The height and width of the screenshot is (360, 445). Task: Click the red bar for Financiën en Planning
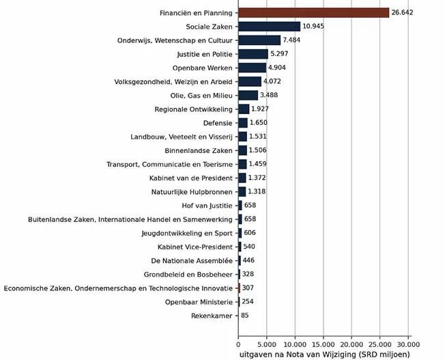click(x=313, y=13)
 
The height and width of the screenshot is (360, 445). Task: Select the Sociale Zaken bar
click(x=270, y=27)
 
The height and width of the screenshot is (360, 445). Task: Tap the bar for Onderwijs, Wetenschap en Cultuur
click(x=259, y=40)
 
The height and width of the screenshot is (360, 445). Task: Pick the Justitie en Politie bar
click(x=253, y=54)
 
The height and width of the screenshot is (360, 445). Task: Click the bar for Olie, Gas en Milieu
click(x=248, y=96)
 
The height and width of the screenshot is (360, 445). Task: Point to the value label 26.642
click(x=402, y=12)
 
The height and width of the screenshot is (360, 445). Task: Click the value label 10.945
click(x=313, y=27)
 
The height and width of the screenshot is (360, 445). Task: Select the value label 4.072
click(x=272, y=81)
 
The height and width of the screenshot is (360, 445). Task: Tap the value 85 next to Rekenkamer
click(x=244, y=316)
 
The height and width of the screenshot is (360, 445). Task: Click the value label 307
click(x=248, y=288)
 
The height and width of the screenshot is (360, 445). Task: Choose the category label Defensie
click(x=218, y=123)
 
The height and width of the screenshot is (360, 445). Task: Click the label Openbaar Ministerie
click(x=199, y=302)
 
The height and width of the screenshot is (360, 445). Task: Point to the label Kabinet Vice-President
click(x=195, y=247)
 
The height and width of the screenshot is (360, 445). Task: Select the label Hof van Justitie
click(x=207, y=206)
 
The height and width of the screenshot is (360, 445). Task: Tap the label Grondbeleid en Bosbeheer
click(x=188, y=275)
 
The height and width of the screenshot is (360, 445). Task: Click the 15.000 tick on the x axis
click(x=324, y=345)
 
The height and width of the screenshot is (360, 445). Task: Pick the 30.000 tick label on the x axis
click(x=408, y=345)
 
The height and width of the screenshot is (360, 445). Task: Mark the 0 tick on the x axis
click(x=238, y=345)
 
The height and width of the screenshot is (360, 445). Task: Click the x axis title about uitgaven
click(x=325, y=355)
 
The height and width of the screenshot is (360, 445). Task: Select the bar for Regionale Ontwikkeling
click(x=244, y=109)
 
